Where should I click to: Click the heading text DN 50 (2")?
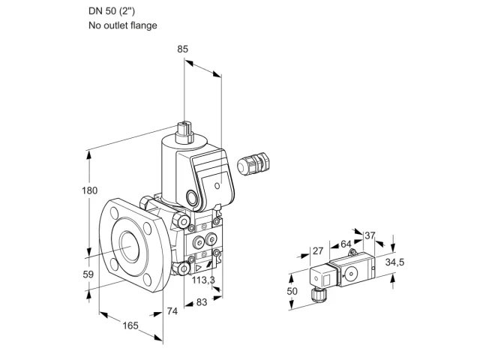(112, 11)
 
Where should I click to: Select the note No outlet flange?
(123, 25)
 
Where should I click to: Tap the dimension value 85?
(182, 49)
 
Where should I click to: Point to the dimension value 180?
(89, 190)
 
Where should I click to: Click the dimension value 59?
(88, 274)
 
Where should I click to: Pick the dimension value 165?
(130, 325)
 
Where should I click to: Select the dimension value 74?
(172, 311)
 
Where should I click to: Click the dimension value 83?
(202, 302)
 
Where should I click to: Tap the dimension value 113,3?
(203, 280)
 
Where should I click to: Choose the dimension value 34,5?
(394, 262)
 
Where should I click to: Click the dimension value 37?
(370, 235)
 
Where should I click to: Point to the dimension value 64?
(346, 244)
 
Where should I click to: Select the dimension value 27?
(318, 251)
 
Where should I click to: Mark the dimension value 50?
(292, 291)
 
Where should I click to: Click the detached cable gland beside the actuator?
(253, 163)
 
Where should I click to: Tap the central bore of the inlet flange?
(130, 246)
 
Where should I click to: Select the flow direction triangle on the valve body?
(199, 268)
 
